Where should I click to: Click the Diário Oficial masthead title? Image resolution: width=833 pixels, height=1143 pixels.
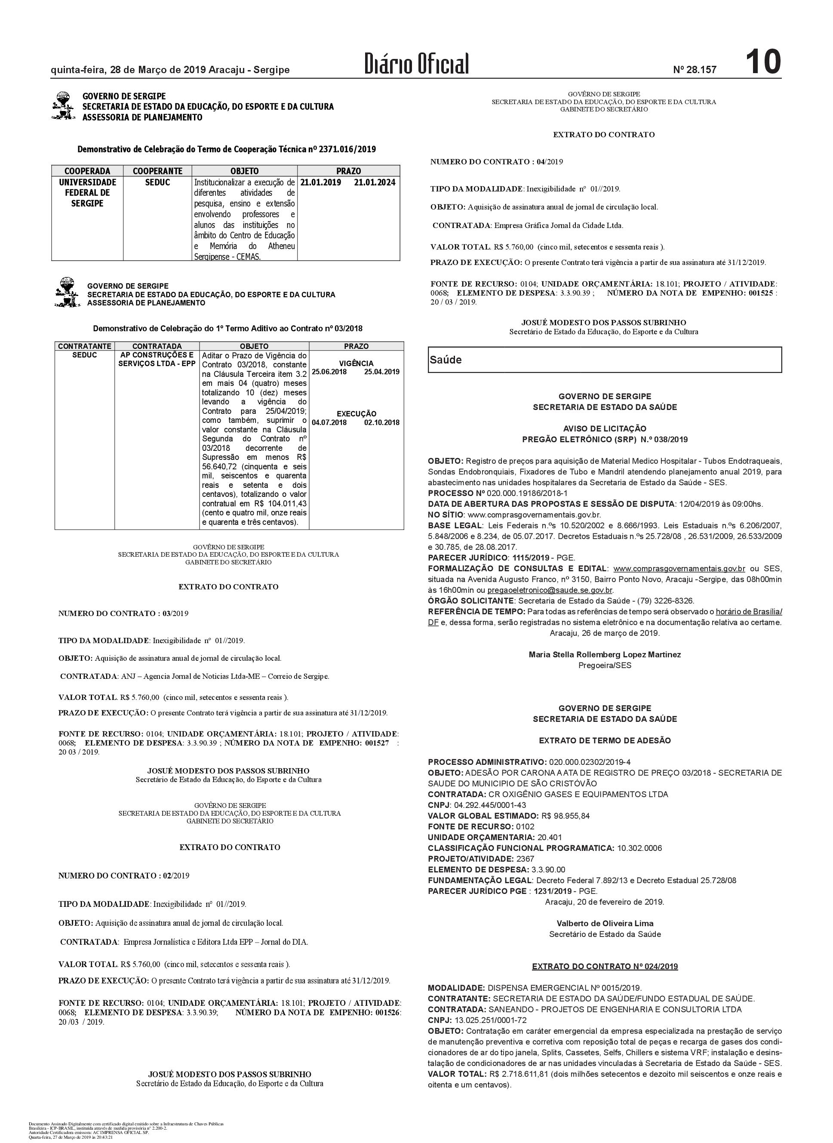click(417, 64)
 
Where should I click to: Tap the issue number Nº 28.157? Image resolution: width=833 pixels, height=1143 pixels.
click(695, 70)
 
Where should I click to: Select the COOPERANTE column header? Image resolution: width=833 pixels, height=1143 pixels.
click(157, 171)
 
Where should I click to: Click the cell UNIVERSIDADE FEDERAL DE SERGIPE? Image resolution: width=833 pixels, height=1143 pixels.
click(87, 193)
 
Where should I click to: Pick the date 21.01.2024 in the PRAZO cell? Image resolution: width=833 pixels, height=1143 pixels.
click(375, 182)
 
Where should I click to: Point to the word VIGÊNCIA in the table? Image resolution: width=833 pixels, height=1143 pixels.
click(356, 363)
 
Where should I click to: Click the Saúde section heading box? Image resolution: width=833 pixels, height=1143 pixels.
click(605, 360)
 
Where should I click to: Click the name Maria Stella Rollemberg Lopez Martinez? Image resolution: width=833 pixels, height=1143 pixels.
click(605, 654)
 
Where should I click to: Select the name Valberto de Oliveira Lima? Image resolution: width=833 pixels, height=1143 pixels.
click(605, 923)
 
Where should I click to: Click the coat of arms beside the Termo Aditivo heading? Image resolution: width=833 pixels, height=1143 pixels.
click(67, 292)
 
